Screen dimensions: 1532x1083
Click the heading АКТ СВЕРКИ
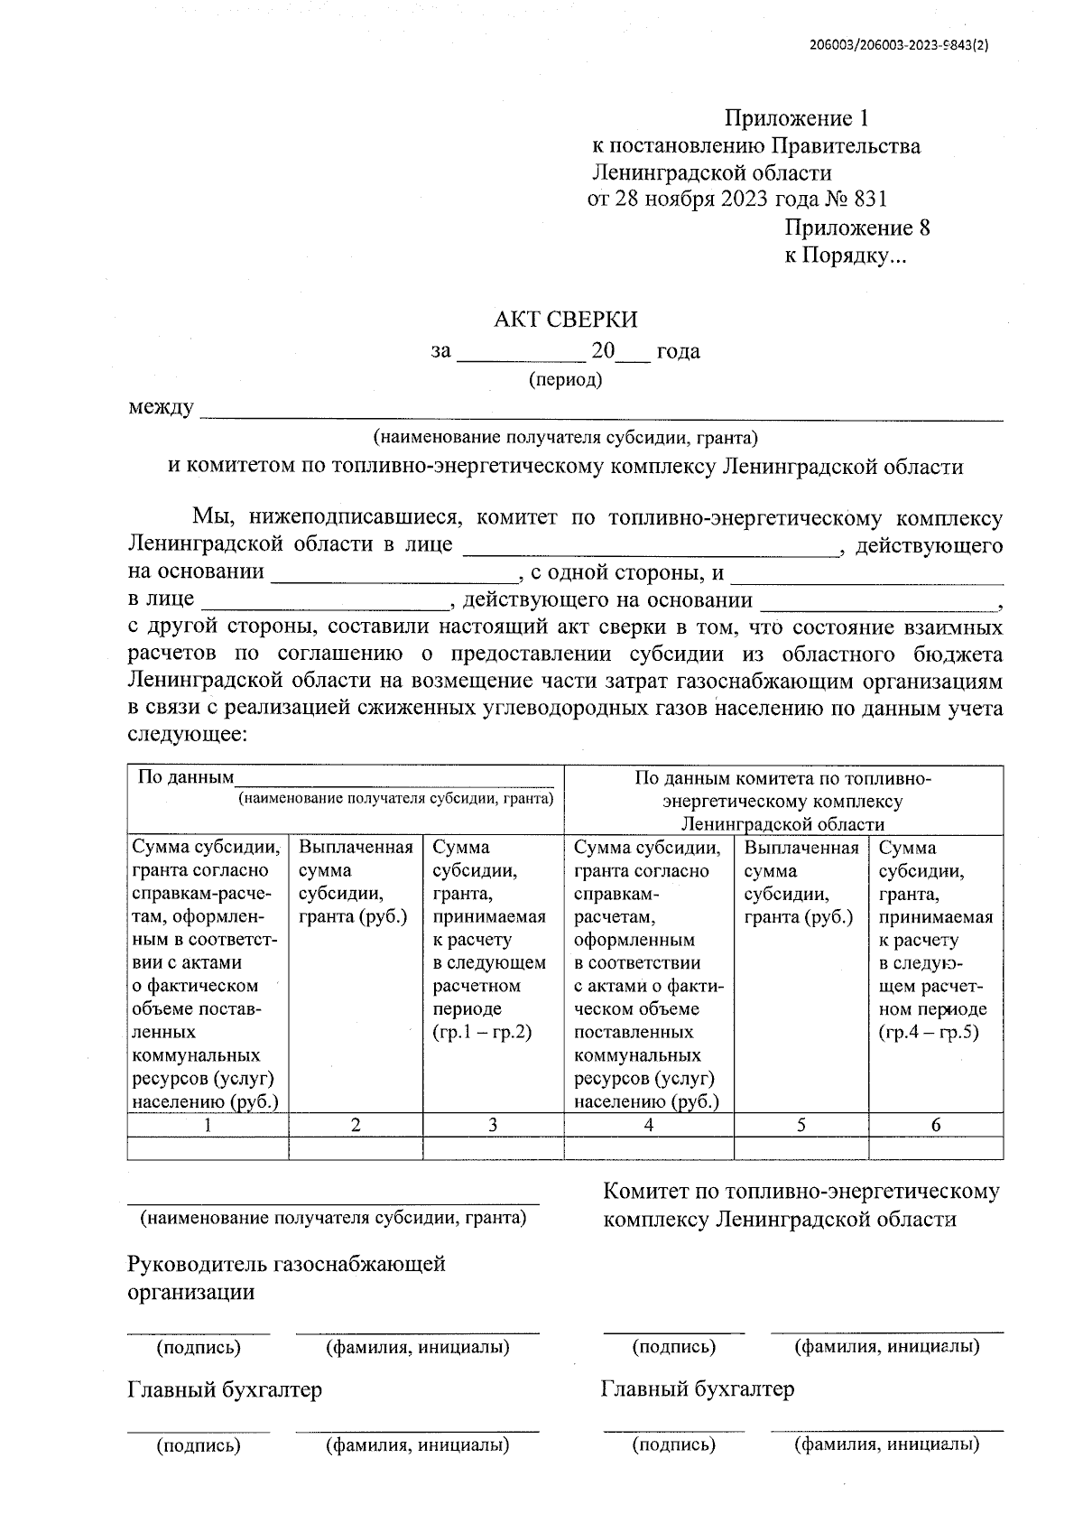pos(566,320)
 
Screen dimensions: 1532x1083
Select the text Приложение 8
pos(856,227)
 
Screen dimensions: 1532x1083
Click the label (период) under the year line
pos(565,379)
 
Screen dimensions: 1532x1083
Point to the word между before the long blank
pos(161,408)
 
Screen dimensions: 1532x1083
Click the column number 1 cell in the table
pos(208,1125)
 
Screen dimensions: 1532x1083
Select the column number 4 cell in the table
pos(648,1125)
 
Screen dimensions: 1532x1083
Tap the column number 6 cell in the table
pos(935,1125)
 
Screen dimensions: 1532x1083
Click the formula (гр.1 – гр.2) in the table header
pos(483,1032)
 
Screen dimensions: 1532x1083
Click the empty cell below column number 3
pos(493,1148)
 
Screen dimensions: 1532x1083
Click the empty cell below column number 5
pos(801,1148)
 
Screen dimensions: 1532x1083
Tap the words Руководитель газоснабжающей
pos(286,1263)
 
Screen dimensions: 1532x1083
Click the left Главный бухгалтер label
pos(225,1389)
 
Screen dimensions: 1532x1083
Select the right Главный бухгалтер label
pos(698,1388)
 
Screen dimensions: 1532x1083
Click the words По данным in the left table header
pos(185,777)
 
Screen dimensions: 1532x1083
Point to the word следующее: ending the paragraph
pos(187,735)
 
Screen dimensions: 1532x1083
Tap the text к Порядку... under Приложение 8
pos(845,256)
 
